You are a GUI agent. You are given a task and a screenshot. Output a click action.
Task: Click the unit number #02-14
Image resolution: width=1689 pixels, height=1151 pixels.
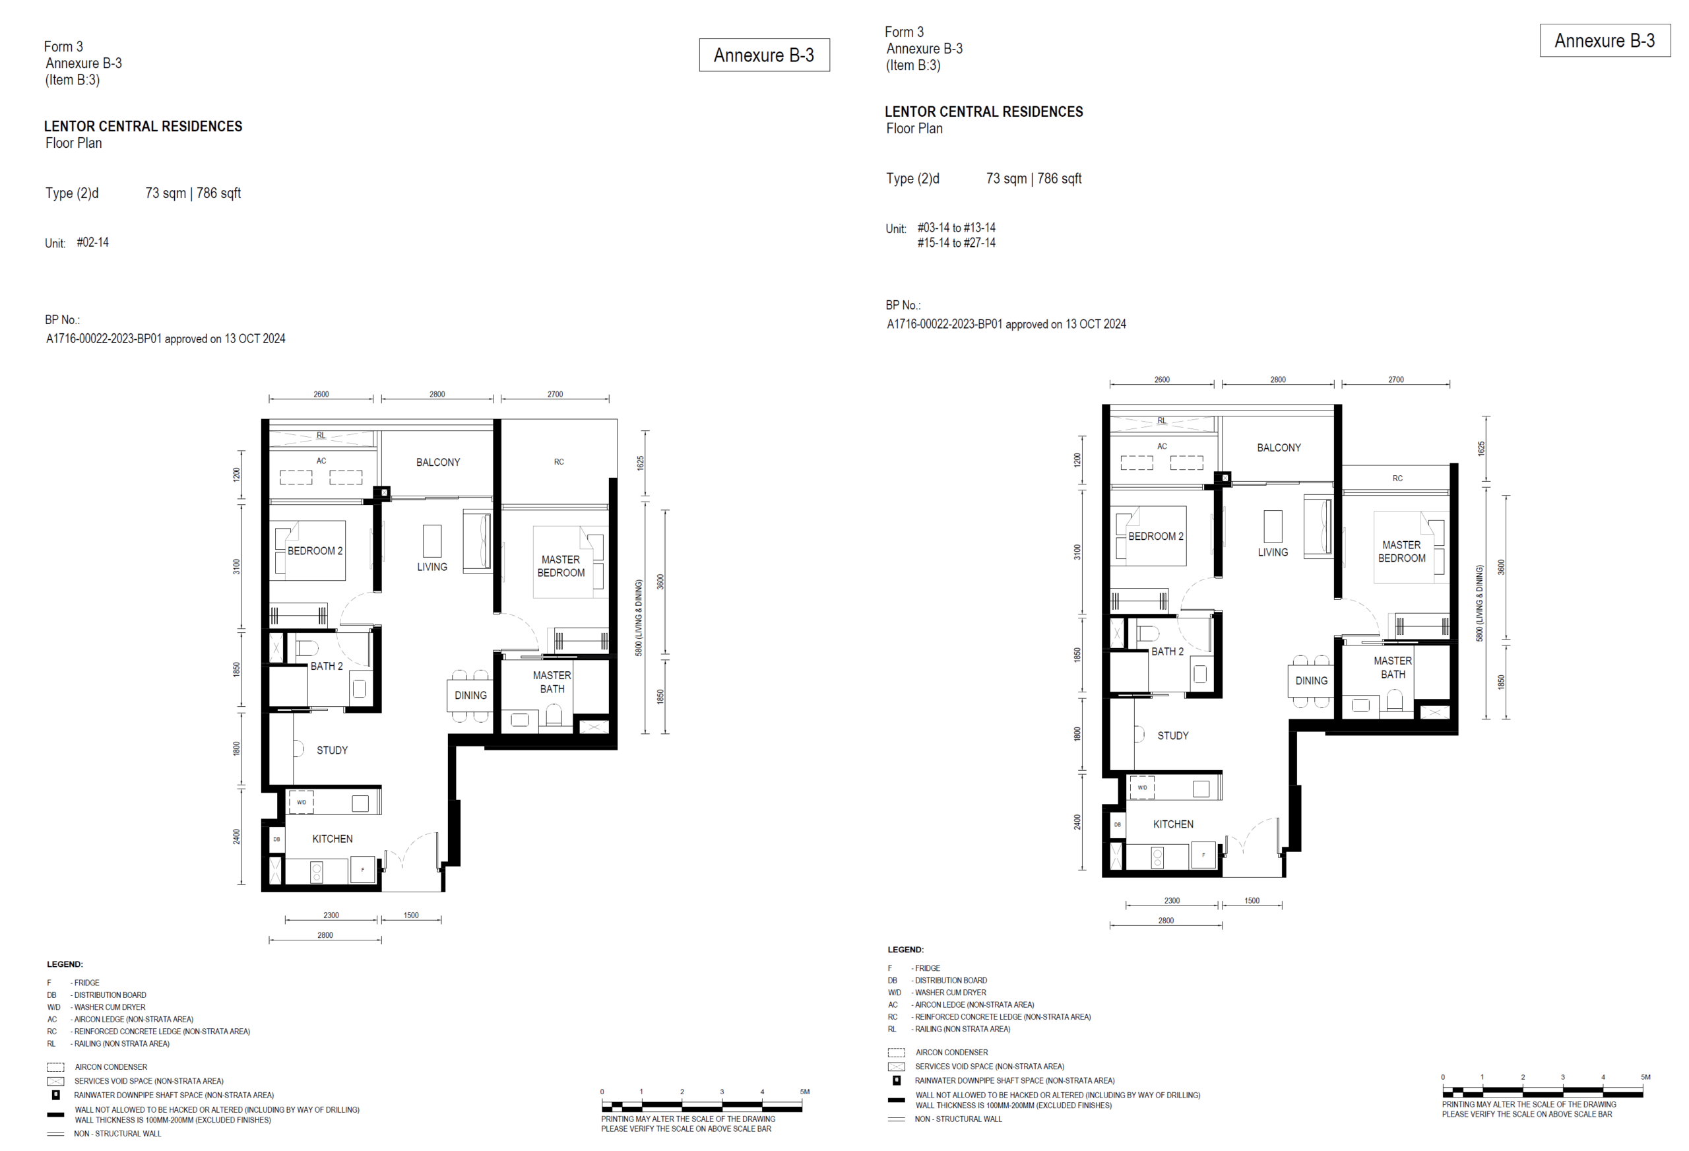pyautogui.click(x=92, y=242)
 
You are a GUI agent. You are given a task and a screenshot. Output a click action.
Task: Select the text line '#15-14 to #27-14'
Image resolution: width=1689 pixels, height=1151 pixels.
pyautogui.click(x=956, y=243)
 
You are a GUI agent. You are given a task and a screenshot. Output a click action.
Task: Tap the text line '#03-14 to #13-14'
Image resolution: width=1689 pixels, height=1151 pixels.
pyautogui.click(x=956, y=228)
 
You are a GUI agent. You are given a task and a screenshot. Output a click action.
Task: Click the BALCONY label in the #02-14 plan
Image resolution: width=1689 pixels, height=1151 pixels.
pyautogui.click(x=437, y=463)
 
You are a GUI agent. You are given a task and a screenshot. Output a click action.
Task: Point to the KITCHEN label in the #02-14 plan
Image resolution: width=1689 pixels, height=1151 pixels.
pyautogui.click(x=332, y=839)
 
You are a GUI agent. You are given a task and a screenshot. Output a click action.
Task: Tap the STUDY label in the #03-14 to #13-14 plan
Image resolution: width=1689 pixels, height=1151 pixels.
pyautogui.click(x=1173, y=736)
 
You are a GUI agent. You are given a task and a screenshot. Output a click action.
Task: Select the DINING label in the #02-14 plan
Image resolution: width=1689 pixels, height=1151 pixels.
pyautogui.click(x=470, y=696)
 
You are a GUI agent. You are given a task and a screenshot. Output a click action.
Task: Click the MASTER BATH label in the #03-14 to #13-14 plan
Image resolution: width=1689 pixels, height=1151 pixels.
pyautogui.click(x=1393, y=667)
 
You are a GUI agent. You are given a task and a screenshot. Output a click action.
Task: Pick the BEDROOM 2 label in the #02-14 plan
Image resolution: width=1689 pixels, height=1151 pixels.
pyautogui.click(x=315, y=551)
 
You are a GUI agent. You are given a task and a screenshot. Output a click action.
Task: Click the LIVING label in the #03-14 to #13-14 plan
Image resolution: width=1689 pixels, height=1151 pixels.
pyautogui.click(x=1273, y=552)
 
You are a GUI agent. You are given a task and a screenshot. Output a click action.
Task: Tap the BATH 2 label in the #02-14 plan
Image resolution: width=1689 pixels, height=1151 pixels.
pyautogui.click(x=327, y=666)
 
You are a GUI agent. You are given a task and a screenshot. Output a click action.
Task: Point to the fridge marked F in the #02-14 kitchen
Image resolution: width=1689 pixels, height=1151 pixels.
pyautogui.click(x=363, y=870)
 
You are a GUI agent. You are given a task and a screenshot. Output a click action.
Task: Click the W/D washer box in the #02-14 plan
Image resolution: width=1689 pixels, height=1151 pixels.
pyautogui.click(x=302, y=802)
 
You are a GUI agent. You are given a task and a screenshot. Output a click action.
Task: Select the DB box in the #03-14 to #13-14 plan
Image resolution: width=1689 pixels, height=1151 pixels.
pyautogui.click(x=1117, y=824)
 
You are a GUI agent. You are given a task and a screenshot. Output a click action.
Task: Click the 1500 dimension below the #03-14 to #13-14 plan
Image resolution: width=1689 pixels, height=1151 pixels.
pyautogui.click(x=1252, y=901)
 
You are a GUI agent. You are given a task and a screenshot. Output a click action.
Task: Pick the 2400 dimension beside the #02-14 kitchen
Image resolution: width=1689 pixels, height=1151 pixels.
pyautogui.click(x=237, y=837)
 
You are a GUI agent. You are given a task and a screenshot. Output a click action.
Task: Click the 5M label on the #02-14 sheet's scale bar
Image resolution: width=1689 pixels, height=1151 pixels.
pyautogui.click(x=804, y=1092)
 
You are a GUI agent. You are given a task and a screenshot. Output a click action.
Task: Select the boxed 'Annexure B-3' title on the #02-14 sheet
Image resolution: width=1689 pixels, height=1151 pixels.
pyautogui.click(x=764, y=55)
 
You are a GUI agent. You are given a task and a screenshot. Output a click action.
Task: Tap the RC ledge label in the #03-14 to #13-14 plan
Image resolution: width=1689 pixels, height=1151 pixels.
pyautogui.click(x=1397, y=478)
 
